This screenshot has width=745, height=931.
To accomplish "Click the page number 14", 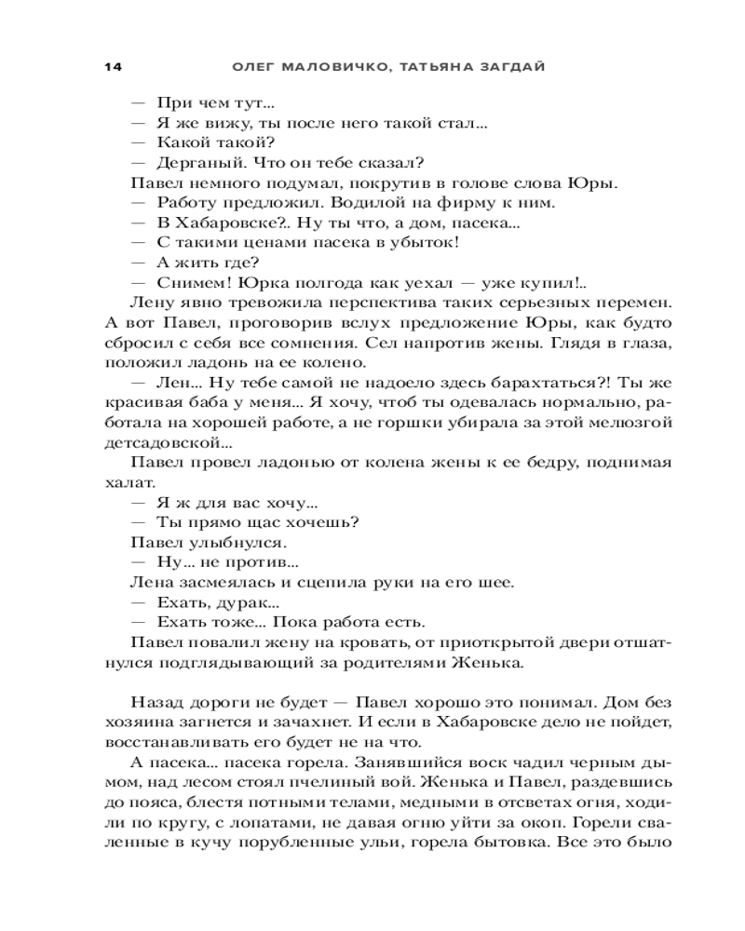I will [114, 67].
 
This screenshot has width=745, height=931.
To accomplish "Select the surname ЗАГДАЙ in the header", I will [508, 67].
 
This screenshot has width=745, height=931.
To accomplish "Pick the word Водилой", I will [314, 203].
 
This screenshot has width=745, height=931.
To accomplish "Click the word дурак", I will [236, 603].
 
